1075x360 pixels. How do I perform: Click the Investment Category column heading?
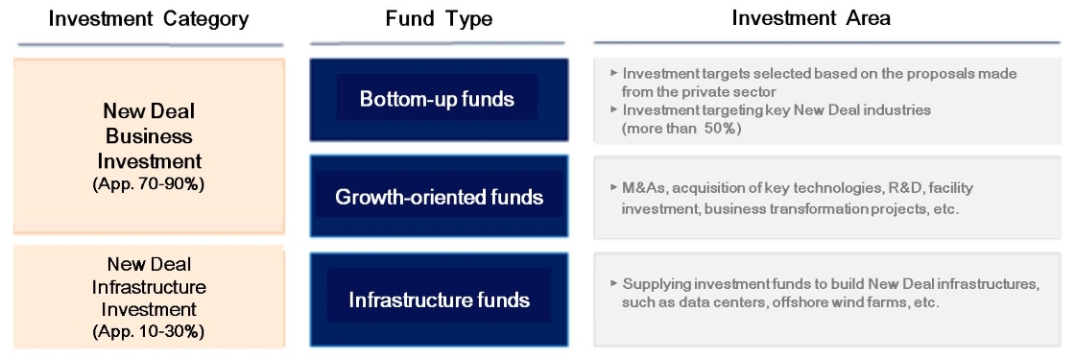point(149,18)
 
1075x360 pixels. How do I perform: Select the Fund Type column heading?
point(439,18)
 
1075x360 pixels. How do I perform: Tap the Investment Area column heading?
point(811,18)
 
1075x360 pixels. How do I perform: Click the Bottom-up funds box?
point(439,100)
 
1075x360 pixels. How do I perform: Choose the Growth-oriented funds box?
point(439,197)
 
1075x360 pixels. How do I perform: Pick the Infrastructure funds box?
point(439,300)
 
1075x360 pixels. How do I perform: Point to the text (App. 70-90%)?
point(148,184)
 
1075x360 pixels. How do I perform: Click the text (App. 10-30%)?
point(148,332)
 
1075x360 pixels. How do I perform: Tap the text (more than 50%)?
point(681,129)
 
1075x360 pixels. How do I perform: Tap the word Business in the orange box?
point(148,135)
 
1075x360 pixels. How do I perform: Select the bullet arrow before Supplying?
point(612,283)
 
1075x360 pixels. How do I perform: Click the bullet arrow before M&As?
point(612,188)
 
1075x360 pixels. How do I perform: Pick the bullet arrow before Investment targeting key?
point(612,109)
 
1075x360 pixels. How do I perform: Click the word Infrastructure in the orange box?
point(149,287)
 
